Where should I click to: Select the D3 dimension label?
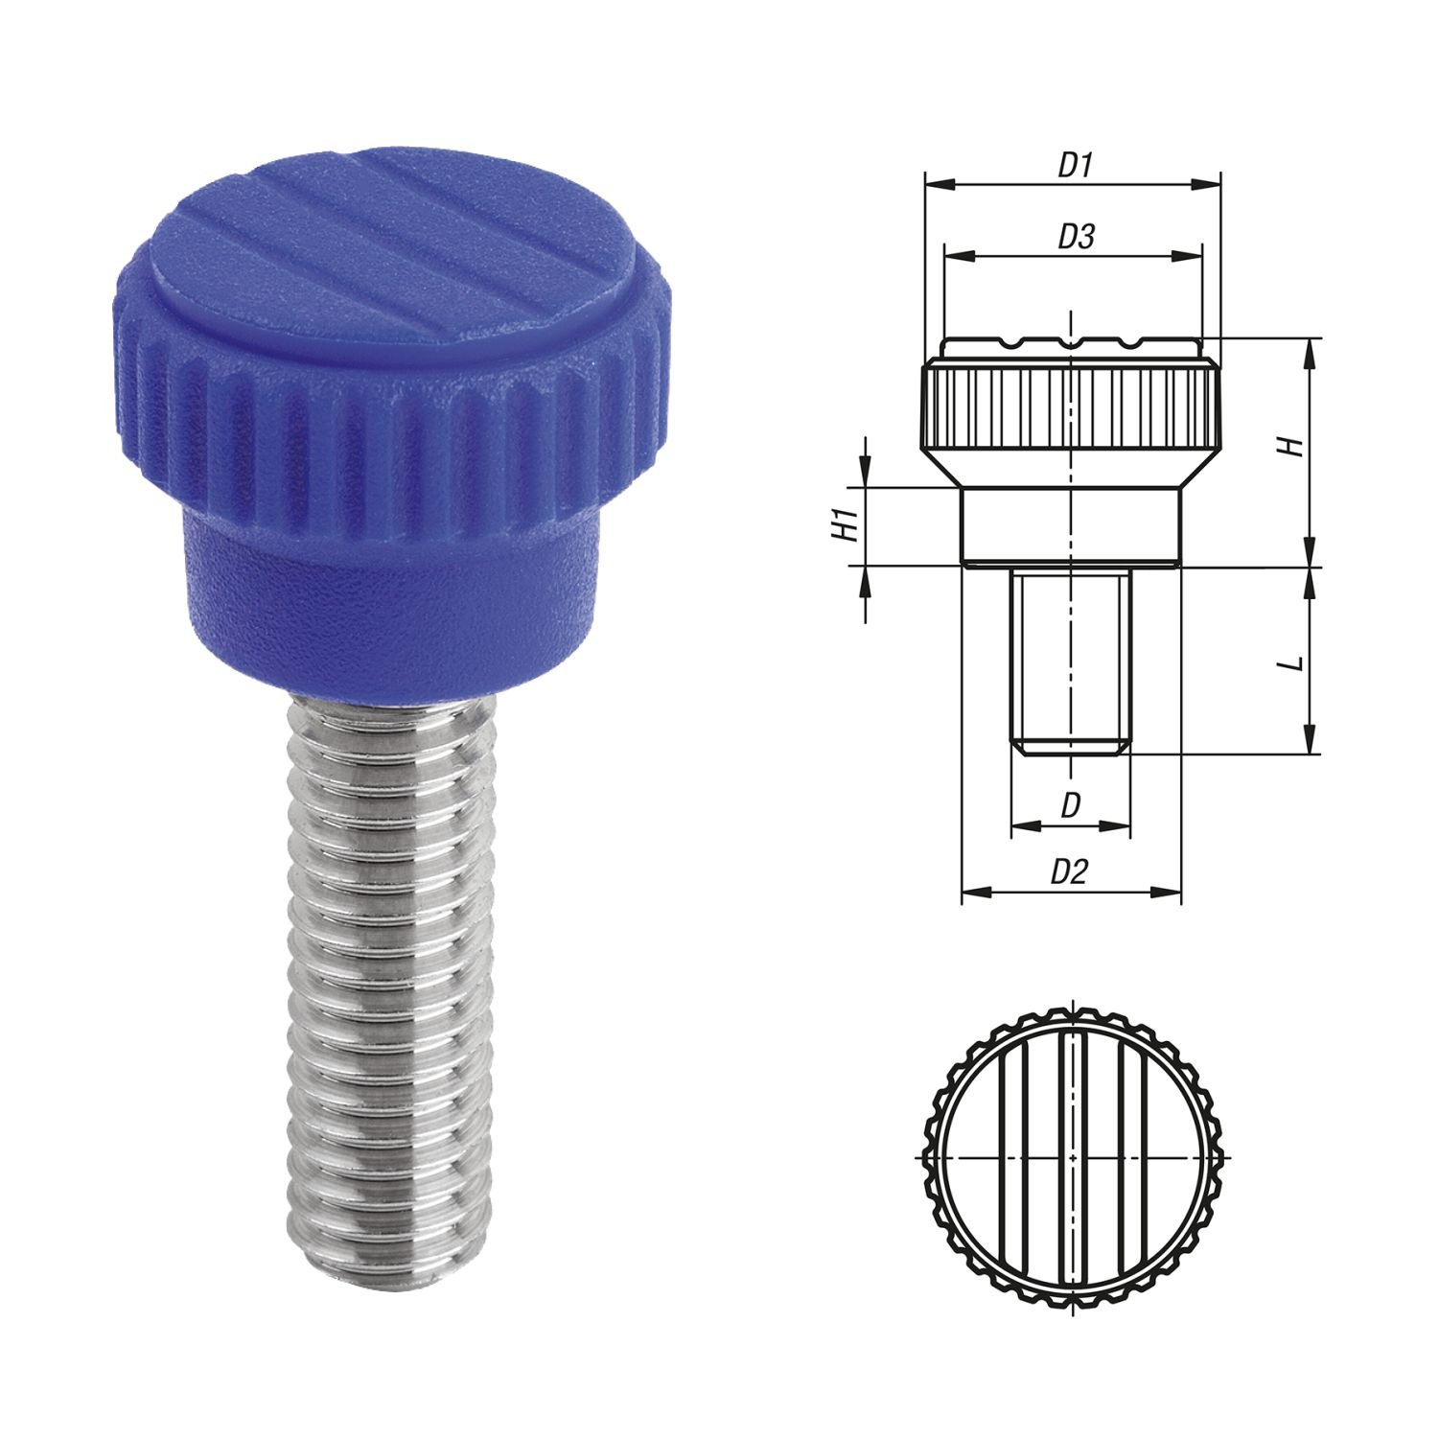(1076, 237)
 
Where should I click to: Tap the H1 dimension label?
(845, 526)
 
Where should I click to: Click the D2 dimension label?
(1070, 872)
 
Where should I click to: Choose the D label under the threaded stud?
(1071, 805)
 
